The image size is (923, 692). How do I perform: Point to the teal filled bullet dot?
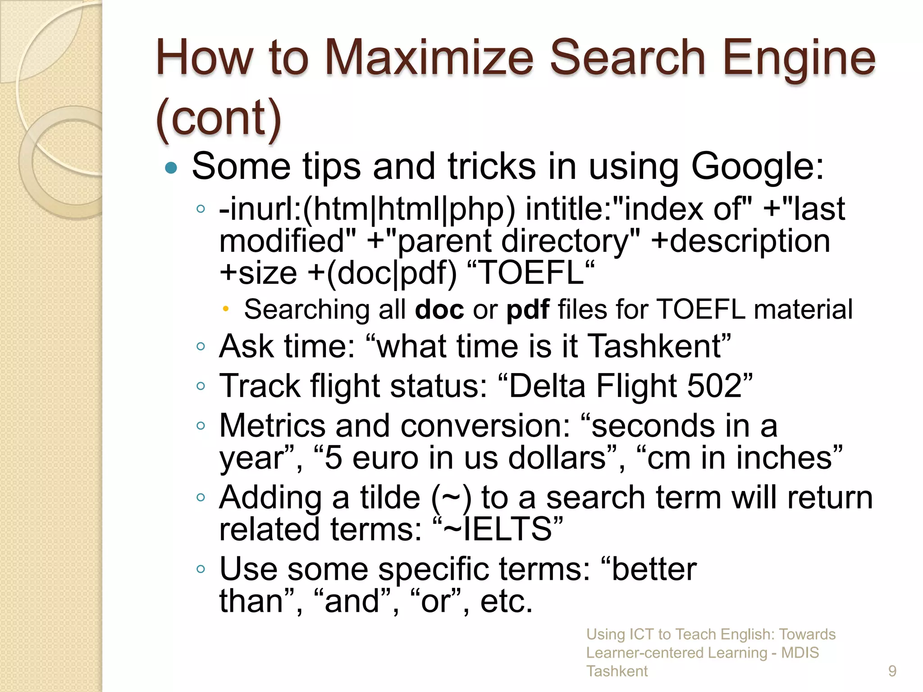[x=171, y=168]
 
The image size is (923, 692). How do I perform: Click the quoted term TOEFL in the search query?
[x=531, y=273]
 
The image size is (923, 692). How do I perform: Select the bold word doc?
[x=439, y=310]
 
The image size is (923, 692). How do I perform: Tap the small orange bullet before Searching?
[x=226, y=309]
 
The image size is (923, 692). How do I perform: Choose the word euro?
[x=385, y=458]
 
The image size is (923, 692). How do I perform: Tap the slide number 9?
[x=892, y=671]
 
